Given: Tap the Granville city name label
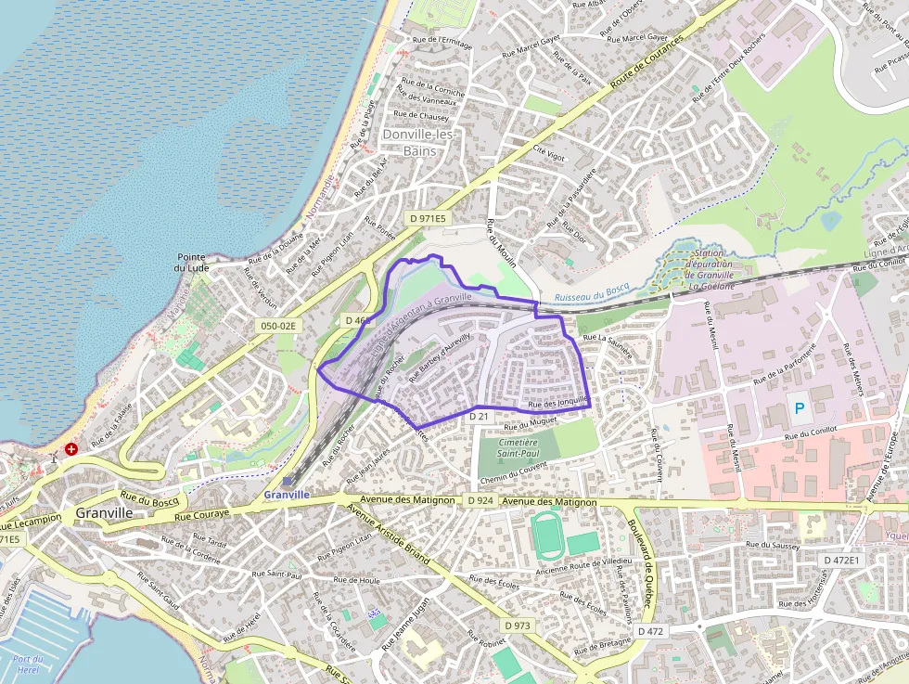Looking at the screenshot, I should click(x=105, y=512).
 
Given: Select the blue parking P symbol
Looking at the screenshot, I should click(x=798, y=407).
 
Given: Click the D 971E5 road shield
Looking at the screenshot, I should click(x=428, y=218).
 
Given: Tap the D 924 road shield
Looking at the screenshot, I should click(x=480, y=501).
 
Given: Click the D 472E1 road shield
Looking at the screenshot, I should click(x=842, y=560).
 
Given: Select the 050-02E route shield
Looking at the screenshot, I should click(x=277, y=326).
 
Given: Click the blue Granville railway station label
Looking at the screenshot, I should click(x=287, y=495).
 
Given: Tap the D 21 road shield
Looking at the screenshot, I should click(x=479, y=418).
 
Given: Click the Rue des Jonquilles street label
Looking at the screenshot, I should click(x=557, y=405).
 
